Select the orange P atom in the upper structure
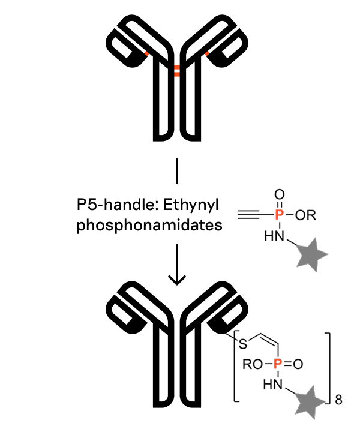pos(278,214)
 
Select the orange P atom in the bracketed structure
pos(277,364)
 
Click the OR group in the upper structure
pos(306,215)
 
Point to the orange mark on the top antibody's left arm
pos(146,55)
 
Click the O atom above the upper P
pos(278,194)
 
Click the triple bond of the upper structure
pos(251,214)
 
